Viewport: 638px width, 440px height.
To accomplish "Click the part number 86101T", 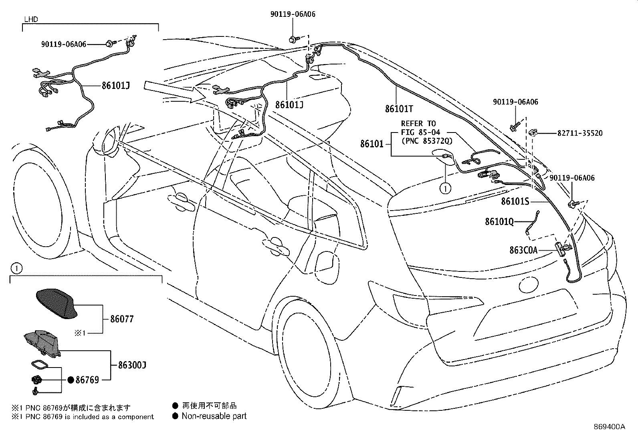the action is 399,109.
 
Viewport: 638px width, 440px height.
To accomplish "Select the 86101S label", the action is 515,201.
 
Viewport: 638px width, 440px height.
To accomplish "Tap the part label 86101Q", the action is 499,221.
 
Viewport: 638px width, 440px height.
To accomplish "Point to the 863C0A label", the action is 523,250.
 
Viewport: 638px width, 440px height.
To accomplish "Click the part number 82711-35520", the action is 580,133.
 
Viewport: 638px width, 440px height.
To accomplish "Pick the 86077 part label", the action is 122,319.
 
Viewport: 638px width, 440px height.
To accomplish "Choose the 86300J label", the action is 132,365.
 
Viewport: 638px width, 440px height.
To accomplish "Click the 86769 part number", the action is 87,380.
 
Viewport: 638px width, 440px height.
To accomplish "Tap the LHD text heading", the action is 31,19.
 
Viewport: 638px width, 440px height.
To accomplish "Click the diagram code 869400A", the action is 609,427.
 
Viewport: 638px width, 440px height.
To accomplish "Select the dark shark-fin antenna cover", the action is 57,303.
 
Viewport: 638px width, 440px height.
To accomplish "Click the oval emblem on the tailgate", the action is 529,284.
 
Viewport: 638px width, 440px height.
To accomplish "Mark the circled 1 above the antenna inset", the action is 16,268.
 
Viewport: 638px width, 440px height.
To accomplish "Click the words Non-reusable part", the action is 214,416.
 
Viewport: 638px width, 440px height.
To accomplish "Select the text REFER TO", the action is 418,124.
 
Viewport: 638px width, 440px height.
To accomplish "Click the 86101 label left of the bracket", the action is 371,144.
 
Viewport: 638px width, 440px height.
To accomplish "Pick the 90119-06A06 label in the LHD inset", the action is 63,44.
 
